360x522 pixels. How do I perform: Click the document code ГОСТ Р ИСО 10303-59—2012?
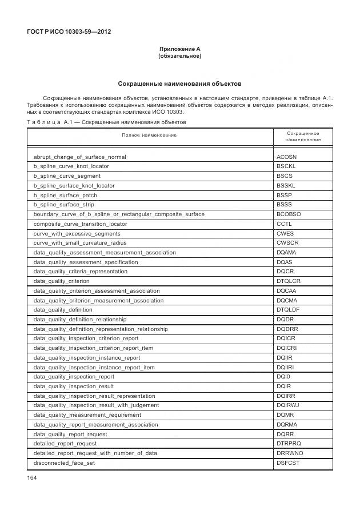tap(69, 31)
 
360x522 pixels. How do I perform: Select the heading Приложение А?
tap(179, 49)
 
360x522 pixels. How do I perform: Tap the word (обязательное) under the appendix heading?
tap(179, 56)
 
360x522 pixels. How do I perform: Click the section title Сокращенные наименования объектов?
tap(179, 83)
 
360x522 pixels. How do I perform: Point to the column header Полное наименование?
tap(149, 135)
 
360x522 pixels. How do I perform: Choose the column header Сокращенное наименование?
tap(303, 136)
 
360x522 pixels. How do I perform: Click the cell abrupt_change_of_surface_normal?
tap(80, 157)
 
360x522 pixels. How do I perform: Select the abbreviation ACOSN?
tap(286, 157)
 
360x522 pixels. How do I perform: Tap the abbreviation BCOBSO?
tap(289, 214)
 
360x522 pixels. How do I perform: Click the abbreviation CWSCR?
tap(287, 243)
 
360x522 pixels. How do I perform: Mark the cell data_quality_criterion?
tap(62, 281)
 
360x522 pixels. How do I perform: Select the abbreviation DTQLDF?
tap(289, 310)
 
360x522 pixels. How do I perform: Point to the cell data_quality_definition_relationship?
tap(80, 320)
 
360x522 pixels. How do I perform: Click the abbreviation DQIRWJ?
tap(289, 405)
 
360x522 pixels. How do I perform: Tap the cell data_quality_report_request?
tap(70, 434)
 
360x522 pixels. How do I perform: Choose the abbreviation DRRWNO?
tap(290, 453)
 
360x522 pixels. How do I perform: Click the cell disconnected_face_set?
tap(64, 463)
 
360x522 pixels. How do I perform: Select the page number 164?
tap(31, 478)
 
